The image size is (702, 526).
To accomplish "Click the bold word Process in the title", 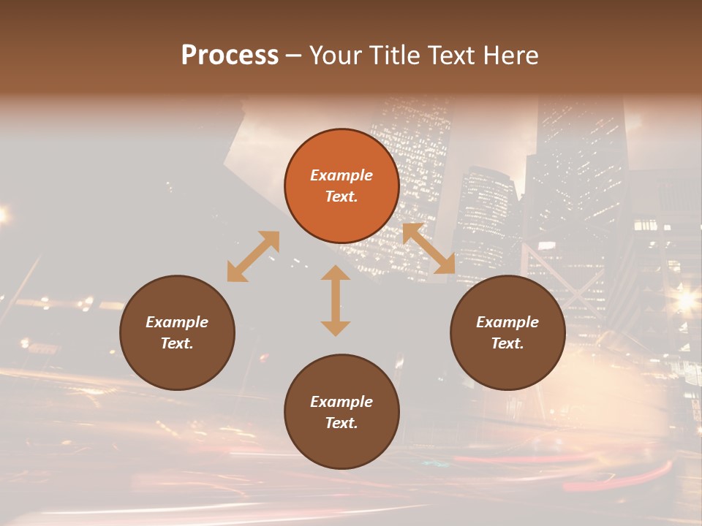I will click(x=230, y=56).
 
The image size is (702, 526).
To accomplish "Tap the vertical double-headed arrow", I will click(x=336, y=300).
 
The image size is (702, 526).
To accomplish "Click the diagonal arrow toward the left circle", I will click(x=253, y=256).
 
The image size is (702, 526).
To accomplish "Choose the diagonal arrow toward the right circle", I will click(x=429, y=248).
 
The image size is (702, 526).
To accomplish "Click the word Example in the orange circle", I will click(x=341, y=175).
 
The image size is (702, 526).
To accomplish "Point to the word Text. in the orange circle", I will click(x=341, y=197).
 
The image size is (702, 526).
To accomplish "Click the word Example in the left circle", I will click(x=177, y=322).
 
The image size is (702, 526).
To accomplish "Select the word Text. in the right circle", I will click(x=507, y=343).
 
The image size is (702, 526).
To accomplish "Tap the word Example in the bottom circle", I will click(x=341, y=402).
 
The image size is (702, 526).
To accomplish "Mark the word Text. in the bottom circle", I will click(x=341, y=423).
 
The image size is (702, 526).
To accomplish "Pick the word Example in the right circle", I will click(x=507, y=322).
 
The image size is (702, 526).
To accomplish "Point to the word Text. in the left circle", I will click(x=177, y=343).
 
